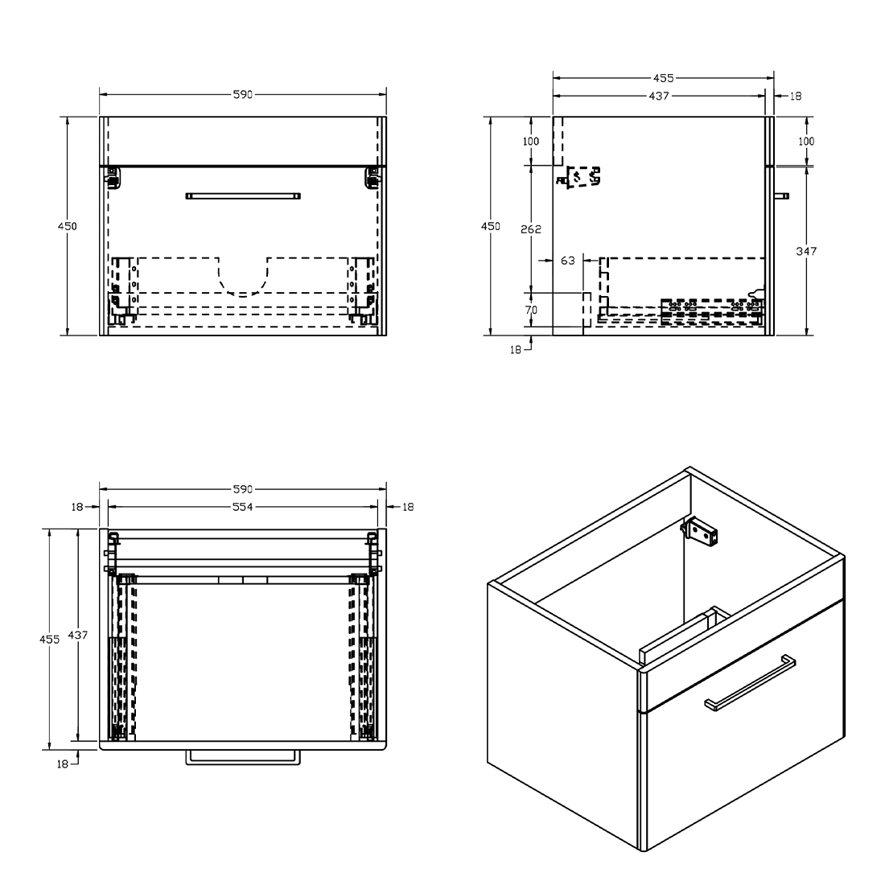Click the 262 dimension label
[530, 228]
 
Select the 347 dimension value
[806, 251]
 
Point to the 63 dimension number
[568, 260]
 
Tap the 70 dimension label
[530, 310]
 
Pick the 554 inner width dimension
[243, 507]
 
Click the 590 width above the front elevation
[243, 94]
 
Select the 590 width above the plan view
[243, 489]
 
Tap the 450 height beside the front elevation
[67, 226]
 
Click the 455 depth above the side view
[663, 78]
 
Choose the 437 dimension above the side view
[659, 96]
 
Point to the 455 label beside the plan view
[50, 640]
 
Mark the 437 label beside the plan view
[78, 635]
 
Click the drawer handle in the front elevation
[243, 196]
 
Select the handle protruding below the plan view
[243, 758]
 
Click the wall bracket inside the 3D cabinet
[700, 532]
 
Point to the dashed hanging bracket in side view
[579, 177]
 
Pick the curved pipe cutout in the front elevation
[243, 277]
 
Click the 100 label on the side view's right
[806, 141]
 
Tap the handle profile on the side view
[782, 196]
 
